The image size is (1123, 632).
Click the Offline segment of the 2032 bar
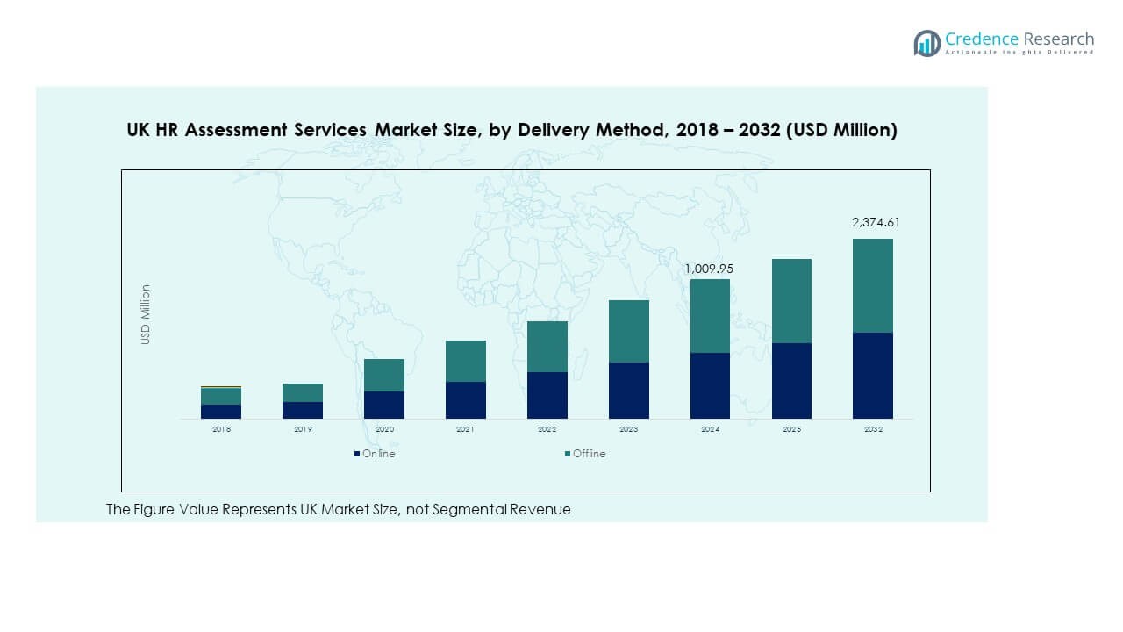[x=873, y=285]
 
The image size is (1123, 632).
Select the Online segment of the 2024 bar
[x=710, y=385]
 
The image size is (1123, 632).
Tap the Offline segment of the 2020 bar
[x=384, y=375]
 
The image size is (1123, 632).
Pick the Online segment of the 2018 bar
[x=221, y=411]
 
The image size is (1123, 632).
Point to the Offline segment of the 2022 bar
[x=547, y=347]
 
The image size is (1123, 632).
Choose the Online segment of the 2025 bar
[x=791, y=380]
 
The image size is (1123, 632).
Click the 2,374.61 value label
[x=876, y=223]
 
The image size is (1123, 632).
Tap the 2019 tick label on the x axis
[x=303, y=429]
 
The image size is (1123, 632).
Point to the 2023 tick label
[x=629, y=429]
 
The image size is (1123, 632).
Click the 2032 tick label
[x=873, y=429]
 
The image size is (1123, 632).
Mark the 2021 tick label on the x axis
[x=466, y=429]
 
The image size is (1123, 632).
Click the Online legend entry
[x=375, y=454]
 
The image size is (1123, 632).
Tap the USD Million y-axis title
[x=146, y=314]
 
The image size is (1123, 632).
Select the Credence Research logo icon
[x=926, y=43]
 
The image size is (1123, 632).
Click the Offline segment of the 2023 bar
[x=629, y=331]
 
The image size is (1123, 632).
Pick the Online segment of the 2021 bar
[x=466, y=399]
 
